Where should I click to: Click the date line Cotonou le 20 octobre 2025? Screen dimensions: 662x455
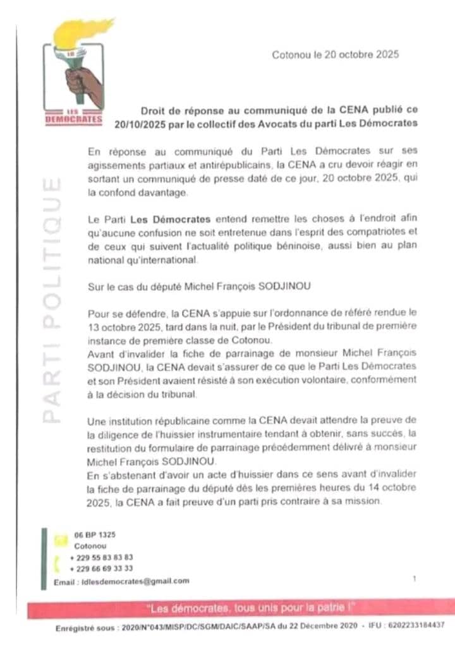pyautogui.click(x=335, y=55)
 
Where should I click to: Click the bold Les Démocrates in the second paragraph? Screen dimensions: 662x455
pyautogui.click(x=171, y=219)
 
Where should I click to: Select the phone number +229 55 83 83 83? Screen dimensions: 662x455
pyautogui.click(x=102, y=557)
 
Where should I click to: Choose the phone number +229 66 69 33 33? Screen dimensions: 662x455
pyautogui.click(x=102, y=568)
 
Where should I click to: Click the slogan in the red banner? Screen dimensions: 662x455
pyautogui.click(x=250, y=608)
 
